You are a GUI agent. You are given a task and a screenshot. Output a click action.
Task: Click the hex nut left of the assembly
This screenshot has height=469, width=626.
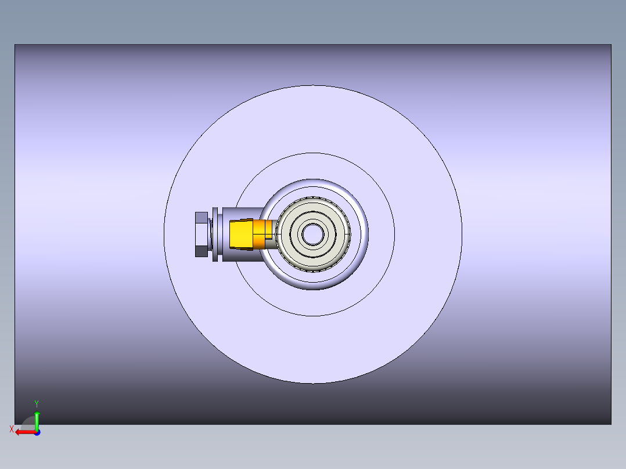[201, 234]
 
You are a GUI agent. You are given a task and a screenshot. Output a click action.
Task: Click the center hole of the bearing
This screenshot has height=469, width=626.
[313, 234]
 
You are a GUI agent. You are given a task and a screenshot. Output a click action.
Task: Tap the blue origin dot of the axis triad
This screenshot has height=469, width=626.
[37, 432]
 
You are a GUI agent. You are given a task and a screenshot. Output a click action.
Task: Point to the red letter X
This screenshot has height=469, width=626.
[12, 430]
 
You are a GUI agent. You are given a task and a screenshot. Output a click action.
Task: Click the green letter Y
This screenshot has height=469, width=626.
[37, 403]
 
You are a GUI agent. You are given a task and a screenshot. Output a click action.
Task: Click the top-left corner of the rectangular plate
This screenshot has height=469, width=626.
[15, 45]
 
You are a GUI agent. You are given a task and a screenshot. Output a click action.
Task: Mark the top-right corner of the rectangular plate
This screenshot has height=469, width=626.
[611, 45]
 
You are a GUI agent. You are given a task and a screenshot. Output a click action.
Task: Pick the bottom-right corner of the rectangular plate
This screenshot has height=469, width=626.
[611, 424]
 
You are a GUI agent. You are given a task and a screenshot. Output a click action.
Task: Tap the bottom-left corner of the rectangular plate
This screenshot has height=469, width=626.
[15, 424]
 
